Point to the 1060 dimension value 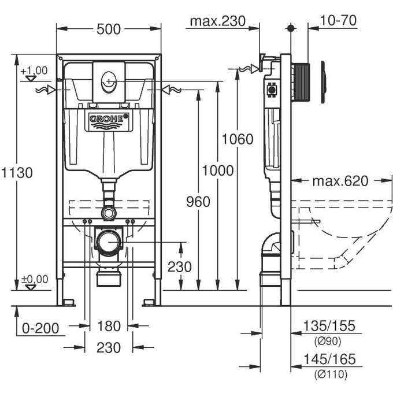[x=238, y=139]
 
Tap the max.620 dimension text [x=340, y=181]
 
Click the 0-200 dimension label [x=40, y=328]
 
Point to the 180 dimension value [x=108, y=327]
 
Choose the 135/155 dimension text [x=331, y=327]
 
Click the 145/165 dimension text [x=331, y=360]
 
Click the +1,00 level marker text [x=34, y=71]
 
